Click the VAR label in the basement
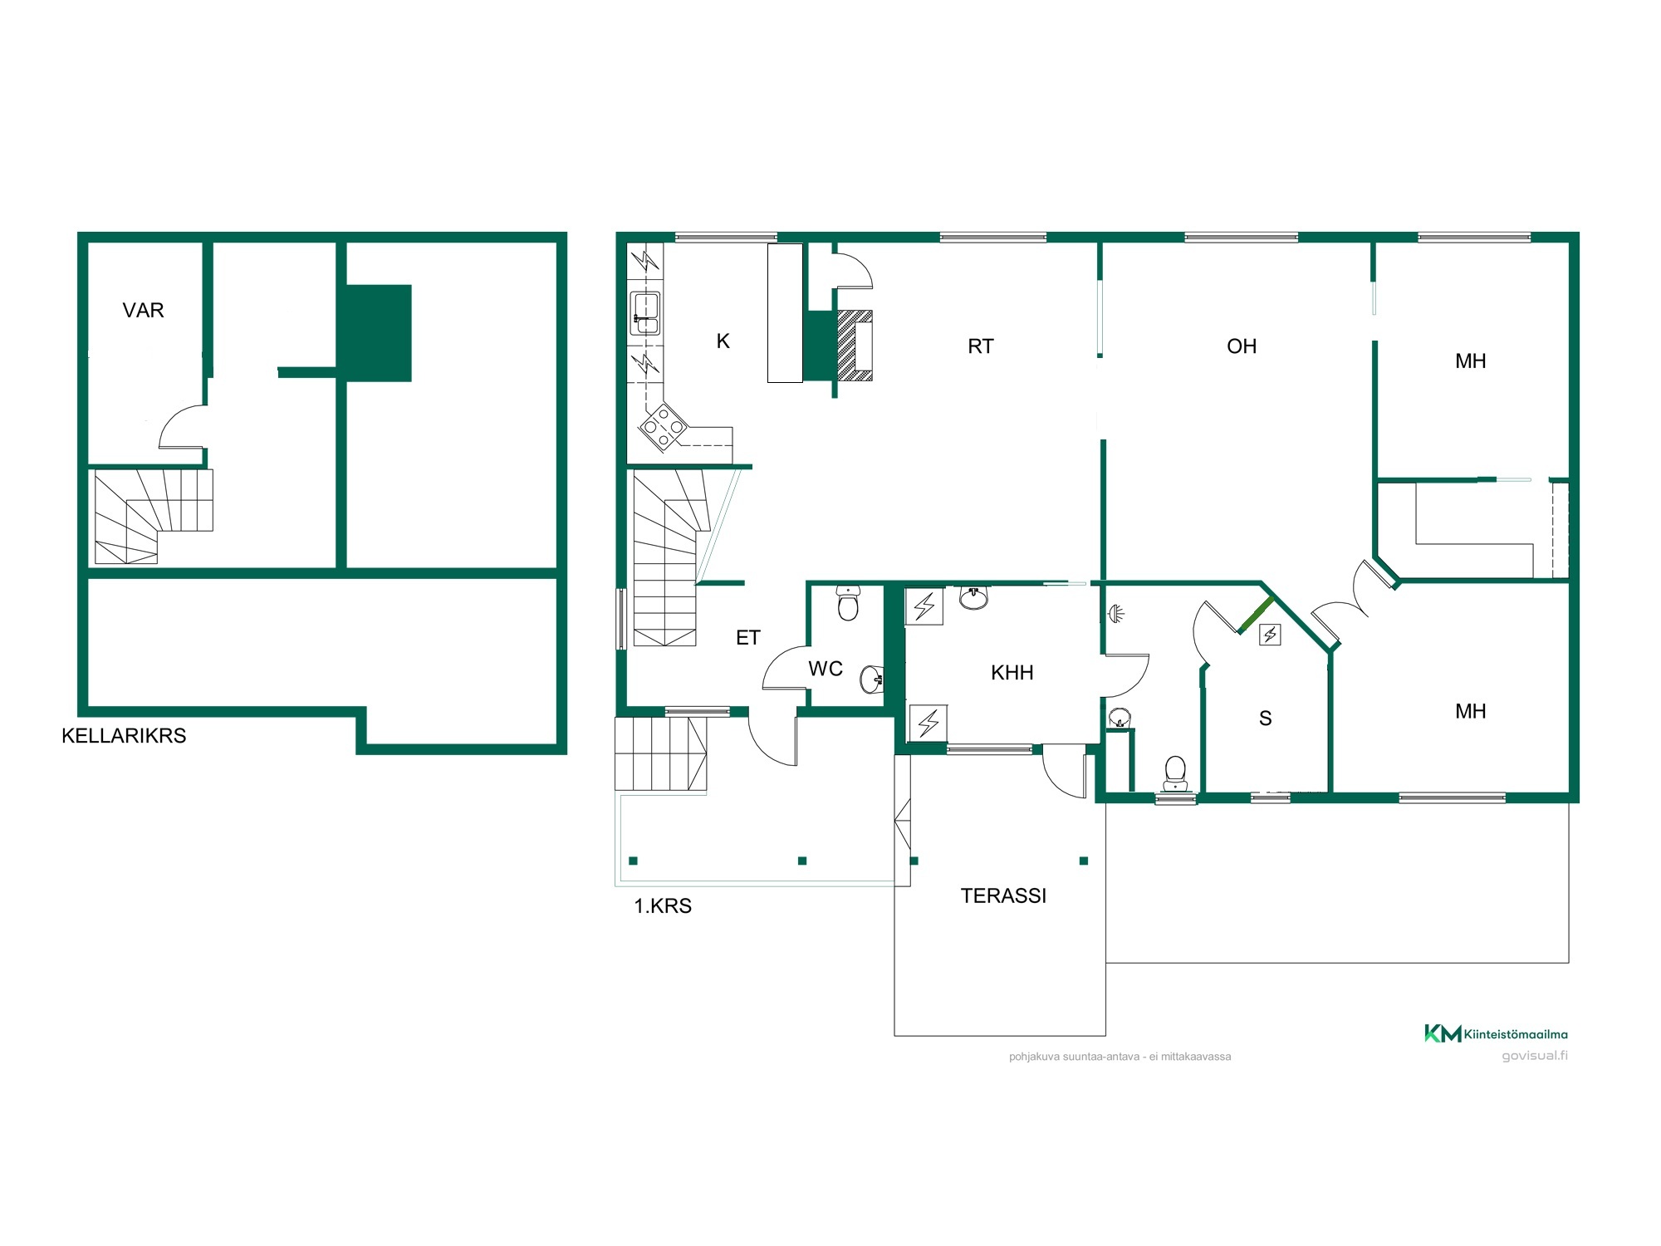click(143, 311)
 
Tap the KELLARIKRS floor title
click(124, 736)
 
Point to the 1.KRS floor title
click(663, 906)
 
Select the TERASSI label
click(1003, 896)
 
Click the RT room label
click(981, 346)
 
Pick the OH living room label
click(1242, 346)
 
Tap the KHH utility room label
click(1012, 673)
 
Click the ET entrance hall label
click(748, 638)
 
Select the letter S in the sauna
click(1266, 719)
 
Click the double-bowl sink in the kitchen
click(645, 313)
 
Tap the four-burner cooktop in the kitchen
click(663, 427)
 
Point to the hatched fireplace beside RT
click(855, 345)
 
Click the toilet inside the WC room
click(848, 604)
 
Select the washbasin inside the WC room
click(872, 679)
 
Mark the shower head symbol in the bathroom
click(1117, 614)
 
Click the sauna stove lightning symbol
click(1270, 635)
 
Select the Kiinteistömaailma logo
click(1497, 1034)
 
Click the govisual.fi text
click(1535, 1057)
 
